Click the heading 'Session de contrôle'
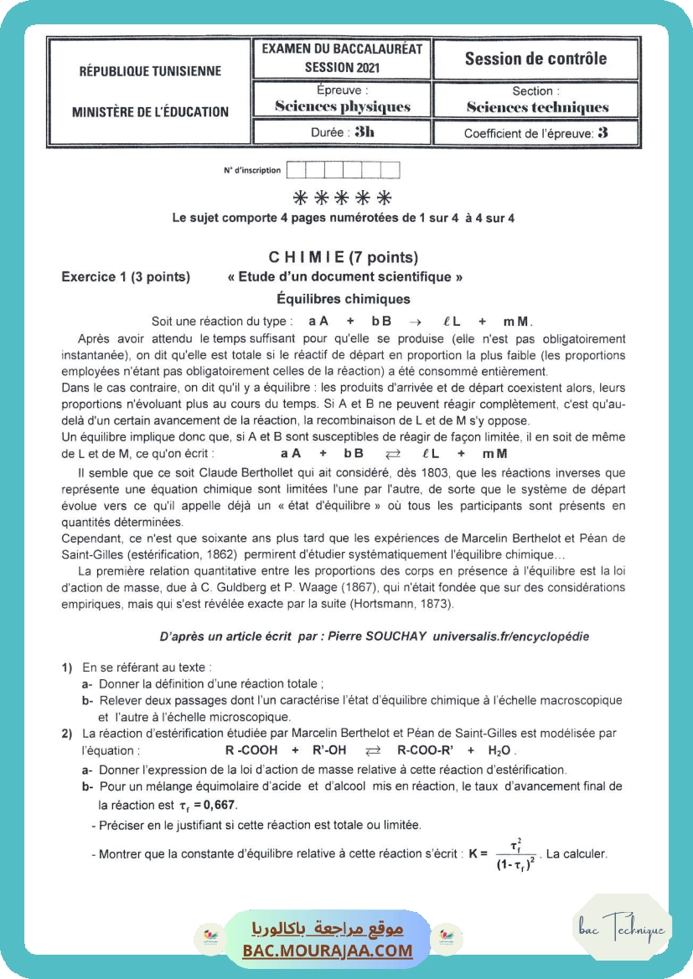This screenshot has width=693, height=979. coord(535,59)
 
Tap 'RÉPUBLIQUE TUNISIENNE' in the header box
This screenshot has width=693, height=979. coord(150,71)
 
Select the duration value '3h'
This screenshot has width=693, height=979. coord(365,131)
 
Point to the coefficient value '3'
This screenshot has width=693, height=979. coord(603,132)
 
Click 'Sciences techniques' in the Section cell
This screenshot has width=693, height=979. coord(537,107)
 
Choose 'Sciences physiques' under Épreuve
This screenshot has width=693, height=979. coord(343,106)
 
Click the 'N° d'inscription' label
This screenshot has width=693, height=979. coord(252,170)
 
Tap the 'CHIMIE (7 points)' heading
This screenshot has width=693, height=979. coord(343,257)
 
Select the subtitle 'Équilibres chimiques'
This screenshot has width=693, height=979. coord(343,298)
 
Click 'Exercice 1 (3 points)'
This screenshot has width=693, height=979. coord(126,277)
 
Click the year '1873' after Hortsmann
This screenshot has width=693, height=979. coord(431,604)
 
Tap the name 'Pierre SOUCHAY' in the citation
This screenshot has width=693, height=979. coord(388,636)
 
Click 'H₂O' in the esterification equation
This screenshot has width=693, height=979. coord(500,750)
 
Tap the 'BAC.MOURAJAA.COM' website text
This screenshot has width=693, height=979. coord(328,950)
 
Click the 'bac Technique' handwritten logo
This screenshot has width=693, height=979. coord(622,929)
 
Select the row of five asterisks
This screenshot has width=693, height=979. coord(343,198)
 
